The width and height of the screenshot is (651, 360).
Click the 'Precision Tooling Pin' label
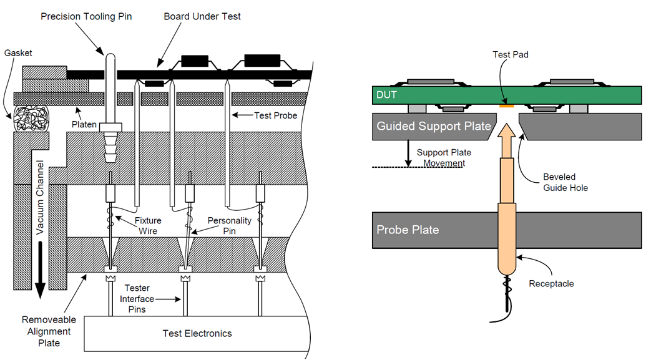tap(86, 17)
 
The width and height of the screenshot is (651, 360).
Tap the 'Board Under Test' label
tap(202, 17)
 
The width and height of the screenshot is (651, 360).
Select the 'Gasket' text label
tap(18, 53)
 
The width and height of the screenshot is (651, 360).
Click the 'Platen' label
tap(84, 124)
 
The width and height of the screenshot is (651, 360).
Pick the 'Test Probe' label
tap(276, 115)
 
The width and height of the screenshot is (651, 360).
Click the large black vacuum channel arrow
tap(40, 270)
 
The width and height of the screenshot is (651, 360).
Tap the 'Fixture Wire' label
tap(148, 225)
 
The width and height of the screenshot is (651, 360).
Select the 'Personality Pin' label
tap(230, 225)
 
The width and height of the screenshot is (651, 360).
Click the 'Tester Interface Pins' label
tap(137, 299)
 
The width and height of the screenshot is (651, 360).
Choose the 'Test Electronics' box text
tap(197, 333)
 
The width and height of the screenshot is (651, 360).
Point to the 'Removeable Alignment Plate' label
tap(49, 331)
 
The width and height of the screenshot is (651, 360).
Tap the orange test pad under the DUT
tap(507, 106)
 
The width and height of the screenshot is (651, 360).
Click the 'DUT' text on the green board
tap(386, 95)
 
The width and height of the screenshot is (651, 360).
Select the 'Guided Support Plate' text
tap(434, 126)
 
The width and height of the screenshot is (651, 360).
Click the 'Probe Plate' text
tap(408, 230)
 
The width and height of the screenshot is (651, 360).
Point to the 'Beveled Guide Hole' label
tap(565, 182)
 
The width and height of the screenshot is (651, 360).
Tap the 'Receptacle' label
tap(551, 284)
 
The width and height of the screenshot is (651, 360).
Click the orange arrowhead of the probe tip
tap(507, 130)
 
